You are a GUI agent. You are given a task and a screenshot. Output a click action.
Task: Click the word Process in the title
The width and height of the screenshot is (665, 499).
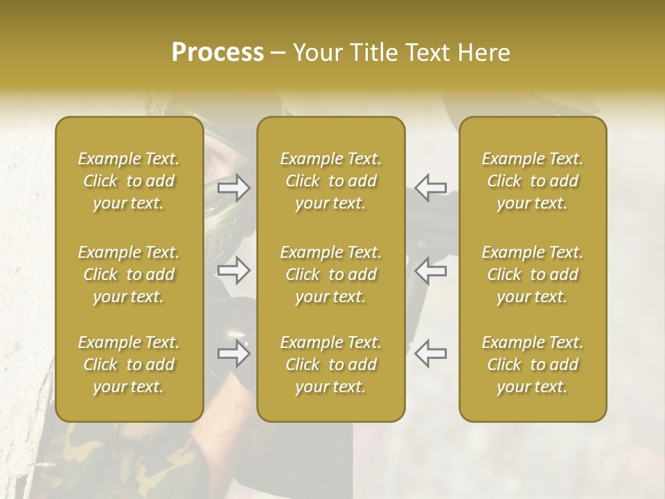click(218, 53)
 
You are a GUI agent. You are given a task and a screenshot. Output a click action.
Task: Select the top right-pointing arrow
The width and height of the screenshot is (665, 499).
click(234, 188)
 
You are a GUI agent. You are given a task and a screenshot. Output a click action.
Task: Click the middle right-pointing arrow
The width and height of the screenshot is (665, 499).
click(234, 270)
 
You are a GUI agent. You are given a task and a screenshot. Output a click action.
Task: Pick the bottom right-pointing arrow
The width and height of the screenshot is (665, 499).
click(234, 353)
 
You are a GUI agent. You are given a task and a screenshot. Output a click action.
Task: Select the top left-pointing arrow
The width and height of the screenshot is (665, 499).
click(430, 188)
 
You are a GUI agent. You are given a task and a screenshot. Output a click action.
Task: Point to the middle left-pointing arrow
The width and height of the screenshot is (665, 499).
click(430, 270)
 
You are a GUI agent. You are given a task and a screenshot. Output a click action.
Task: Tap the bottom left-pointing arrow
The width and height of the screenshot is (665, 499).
click(430, 353)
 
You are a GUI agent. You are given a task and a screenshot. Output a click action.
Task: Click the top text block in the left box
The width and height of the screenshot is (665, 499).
click(129, 181)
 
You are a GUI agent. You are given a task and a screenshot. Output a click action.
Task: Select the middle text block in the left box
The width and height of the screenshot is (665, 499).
click(129, 274)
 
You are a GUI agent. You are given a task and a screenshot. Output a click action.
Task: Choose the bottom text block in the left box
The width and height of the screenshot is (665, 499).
click(129, 365)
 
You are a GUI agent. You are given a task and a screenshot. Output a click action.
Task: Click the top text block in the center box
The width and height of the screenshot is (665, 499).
click(330, 181)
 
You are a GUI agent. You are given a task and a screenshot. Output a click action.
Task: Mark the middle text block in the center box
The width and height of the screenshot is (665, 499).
click(330, 274)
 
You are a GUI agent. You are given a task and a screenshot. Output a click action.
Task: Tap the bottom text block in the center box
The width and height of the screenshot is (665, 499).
click(330, 365)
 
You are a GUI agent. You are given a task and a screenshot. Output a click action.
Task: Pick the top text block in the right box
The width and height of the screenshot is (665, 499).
click(532, 181)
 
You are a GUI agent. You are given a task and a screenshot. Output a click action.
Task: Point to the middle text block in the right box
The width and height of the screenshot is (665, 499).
click(532, 274)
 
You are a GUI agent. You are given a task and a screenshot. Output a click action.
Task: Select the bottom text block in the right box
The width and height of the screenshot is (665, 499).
click(532, 365)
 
